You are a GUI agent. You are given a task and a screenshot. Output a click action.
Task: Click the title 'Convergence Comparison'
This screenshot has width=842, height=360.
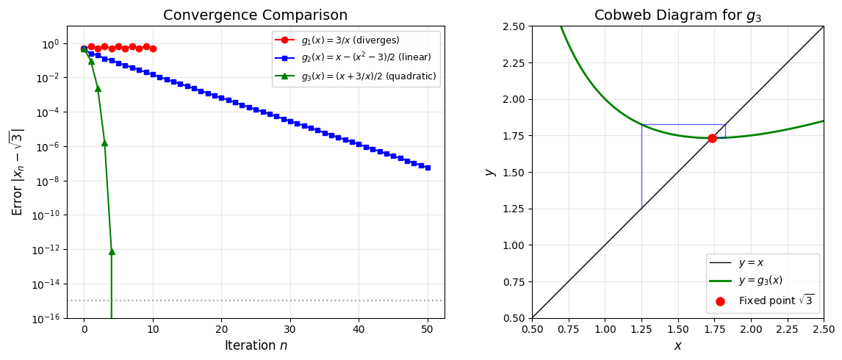click(x=255, y=15)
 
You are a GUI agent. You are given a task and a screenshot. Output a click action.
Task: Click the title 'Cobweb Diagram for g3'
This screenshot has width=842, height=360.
click(x=677, y=15)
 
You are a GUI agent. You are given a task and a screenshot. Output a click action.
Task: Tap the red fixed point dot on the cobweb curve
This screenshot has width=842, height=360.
click(x=712, y=138)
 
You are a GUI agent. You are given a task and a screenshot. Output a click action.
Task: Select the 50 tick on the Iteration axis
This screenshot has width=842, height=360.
click(x=428, y=328)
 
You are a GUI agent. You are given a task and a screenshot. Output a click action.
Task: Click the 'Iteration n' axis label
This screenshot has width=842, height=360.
click(x=255, y=345)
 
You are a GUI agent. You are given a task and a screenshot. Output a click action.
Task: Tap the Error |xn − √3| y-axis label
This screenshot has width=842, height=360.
click(x=17, y=172)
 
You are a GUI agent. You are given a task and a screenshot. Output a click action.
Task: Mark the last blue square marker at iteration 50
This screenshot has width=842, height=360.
click(x=428, y=168)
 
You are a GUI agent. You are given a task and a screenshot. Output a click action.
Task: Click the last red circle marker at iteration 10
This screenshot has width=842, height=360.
click(x=153, y=48)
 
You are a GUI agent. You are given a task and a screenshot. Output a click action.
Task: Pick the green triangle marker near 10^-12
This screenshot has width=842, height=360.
click(x=112, y=251)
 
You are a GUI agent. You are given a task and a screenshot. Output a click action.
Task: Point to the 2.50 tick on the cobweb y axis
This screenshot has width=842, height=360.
click(x=512, y=26)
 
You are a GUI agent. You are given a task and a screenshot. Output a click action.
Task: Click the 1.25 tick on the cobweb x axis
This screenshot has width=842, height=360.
click(x=641, y=328)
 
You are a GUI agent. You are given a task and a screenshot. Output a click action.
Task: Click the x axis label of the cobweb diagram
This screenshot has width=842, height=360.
click(x=677, y=345)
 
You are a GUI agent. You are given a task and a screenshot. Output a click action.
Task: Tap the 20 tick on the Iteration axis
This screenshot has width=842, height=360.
click(x=221, y=328)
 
